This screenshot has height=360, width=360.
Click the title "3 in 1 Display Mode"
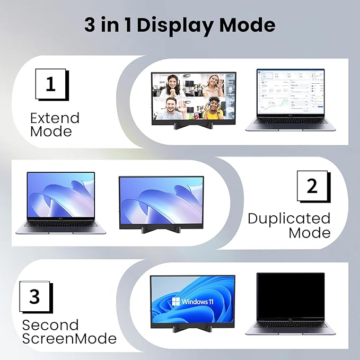click(x=180, y=25)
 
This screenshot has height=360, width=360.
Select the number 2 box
click(x=312, y=186)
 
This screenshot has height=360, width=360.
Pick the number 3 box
click(x=34, y=296)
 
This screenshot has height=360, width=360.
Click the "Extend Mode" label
click(x=55, y=124)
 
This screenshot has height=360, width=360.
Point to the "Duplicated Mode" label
click(x=289, y=225)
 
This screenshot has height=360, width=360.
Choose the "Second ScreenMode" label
click(x=69, y=331)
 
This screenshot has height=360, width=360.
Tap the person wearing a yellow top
click(x=214, y=111)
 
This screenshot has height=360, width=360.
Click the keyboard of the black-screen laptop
click(x=290, y=327)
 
